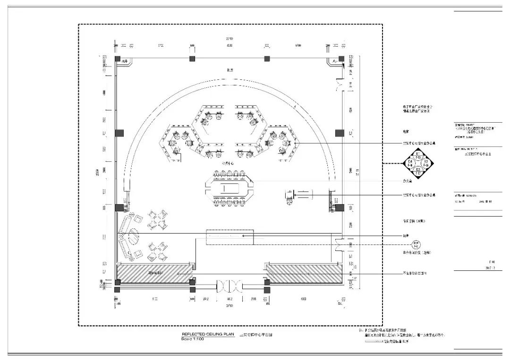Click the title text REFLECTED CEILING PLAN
pyautogui.click(x=207, y=334)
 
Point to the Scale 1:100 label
pyautogui.click(x=194, y=339)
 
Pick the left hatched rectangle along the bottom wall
pyautogui.click(x=154, y=274)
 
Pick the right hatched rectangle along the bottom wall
pyautogui.click(x=304, y=274)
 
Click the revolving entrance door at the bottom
pyautogui.click(x=229, y=286)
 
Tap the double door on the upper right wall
pyautogui.click(x=338, y=85)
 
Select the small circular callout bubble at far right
pyautogui.click(x=416, y=245)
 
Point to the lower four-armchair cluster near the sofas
pyautogui.click(x=158, y=251)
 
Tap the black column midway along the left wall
pyautogui.click(x=119, y=133)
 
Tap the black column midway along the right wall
pyautogui.click(x=339, y=133)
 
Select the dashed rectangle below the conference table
pyautogui.click(x=229, y=237)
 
